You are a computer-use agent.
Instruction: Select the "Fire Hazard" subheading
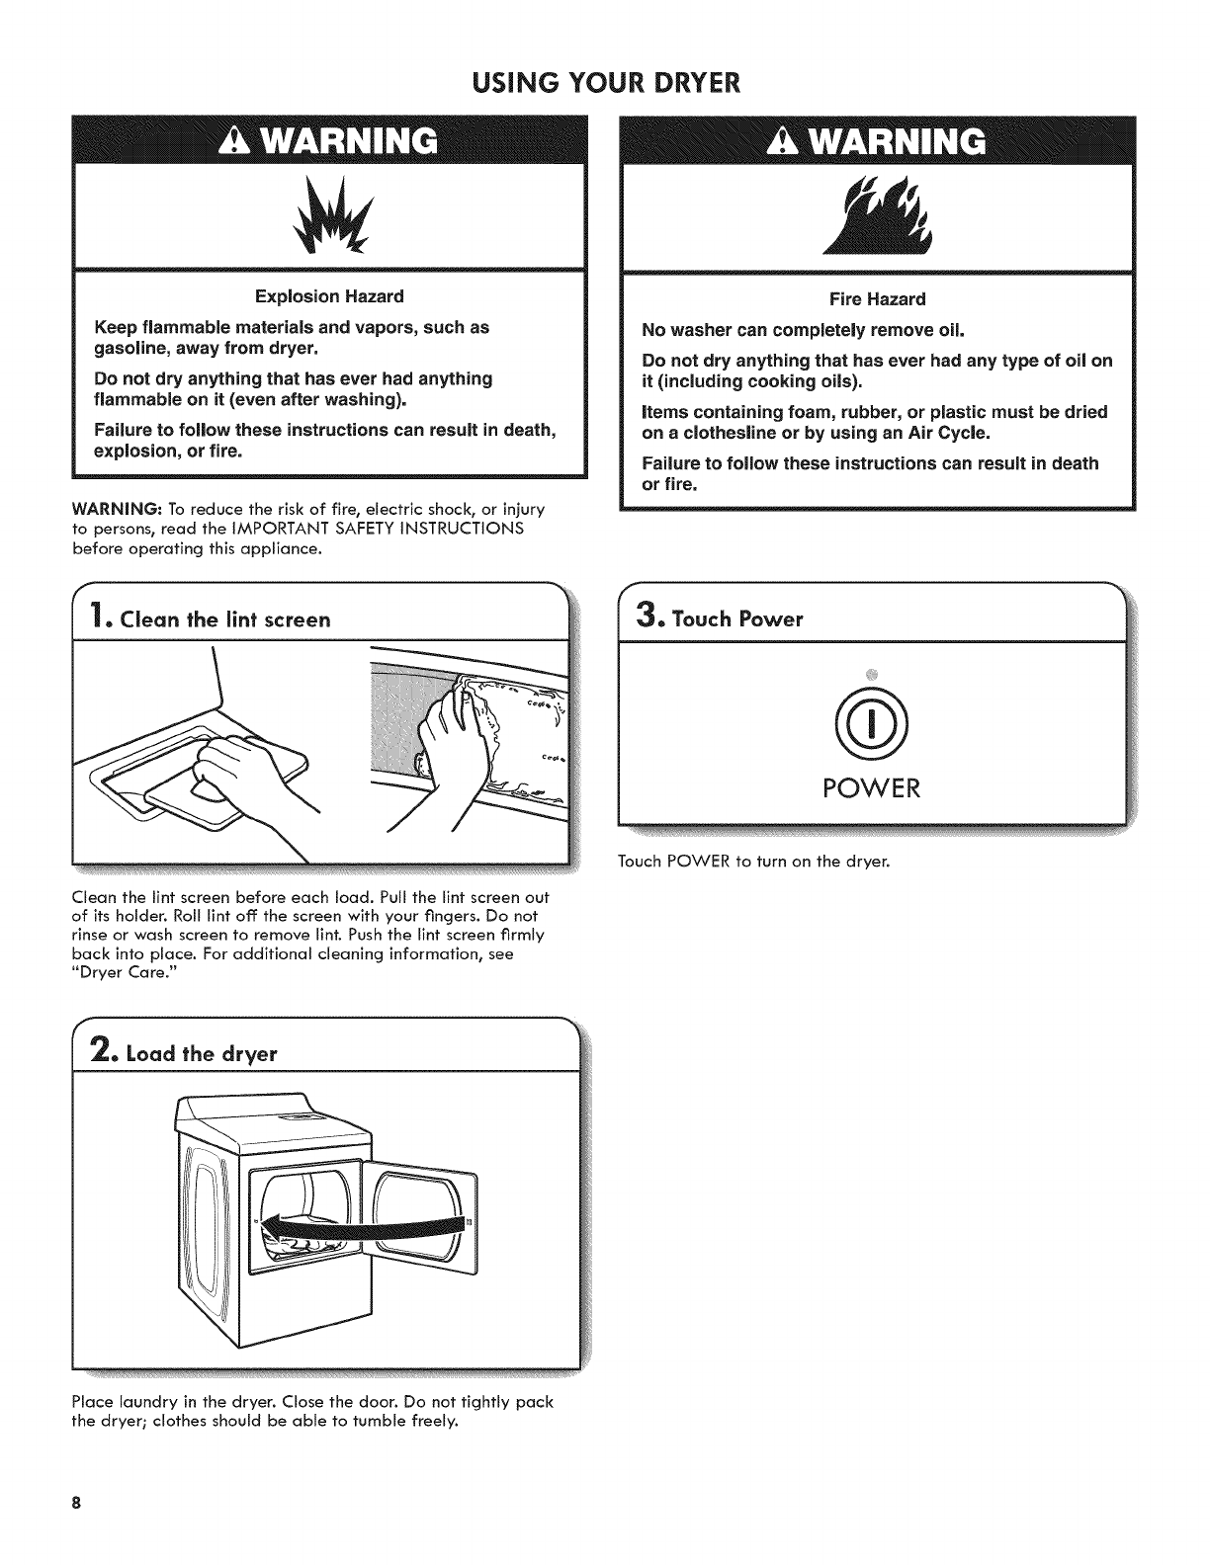pyautogui.click(x=877, y=298)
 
